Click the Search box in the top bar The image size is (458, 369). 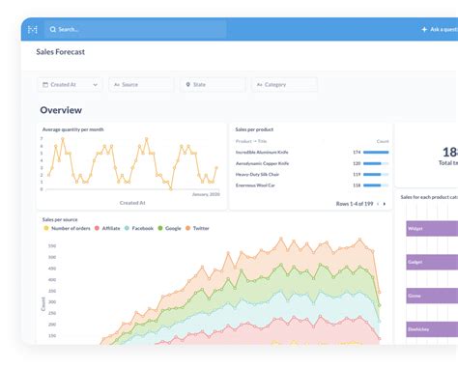pos(135,30)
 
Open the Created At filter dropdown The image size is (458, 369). pos(71,85)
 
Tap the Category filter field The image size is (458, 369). pos(284,85)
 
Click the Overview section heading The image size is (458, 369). pos(61,110)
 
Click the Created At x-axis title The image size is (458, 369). pos(131,203)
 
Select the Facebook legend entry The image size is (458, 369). pos(142,229)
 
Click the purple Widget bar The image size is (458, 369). pos(431,229)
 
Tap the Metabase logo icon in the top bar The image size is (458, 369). pos(34,30)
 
